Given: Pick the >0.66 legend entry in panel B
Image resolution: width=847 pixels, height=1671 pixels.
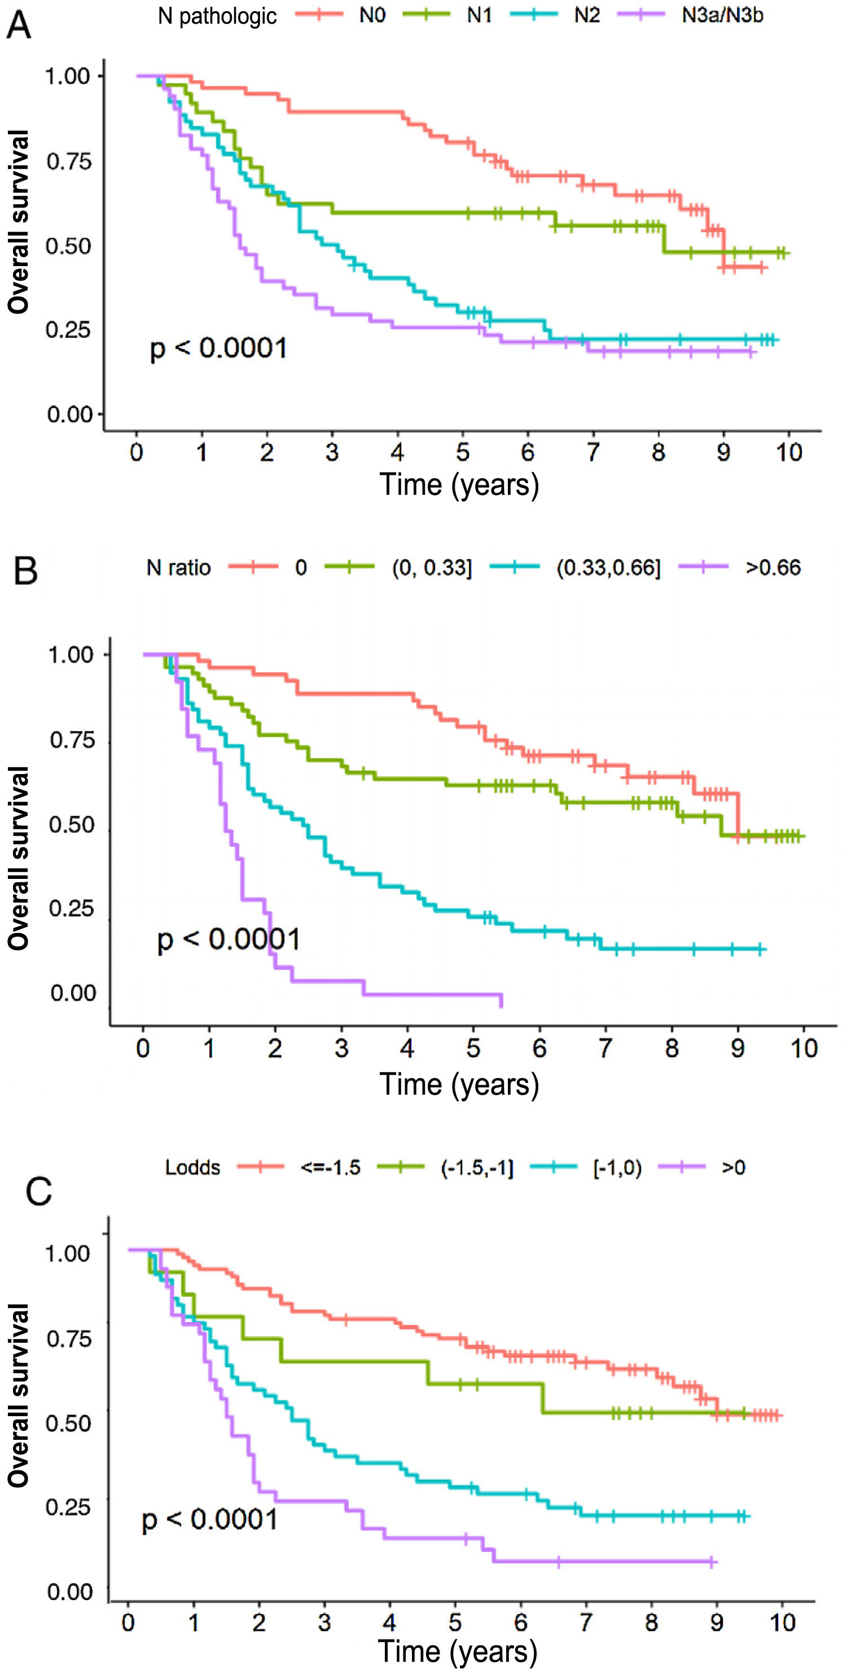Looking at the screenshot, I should [773, 568].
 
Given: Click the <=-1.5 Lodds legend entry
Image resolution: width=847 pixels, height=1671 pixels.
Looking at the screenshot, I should [330, 1168].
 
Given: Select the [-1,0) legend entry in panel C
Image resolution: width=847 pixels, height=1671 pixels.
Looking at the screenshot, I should [617, 1168].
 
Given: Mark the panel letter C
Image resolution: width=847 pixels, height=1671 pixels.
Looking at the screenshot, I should [38, 1192].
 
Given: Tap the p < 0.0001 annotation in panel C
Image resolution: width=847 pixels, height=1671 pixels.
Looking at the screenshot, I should [210, 1519].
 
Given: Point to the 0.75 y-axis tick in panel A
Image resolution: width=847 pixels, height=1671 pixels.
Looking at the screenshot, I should [68, 161].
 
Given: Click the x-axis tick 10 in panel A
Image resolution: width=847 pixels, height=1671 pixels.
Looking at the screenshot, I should [788, 452].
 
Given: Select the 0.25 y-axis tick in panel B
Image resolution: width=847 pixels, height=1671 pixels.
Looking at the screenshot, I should [72, 909].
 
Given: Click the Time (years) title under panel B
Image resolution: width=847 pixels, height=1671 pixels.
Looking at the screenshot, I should [459, 1084].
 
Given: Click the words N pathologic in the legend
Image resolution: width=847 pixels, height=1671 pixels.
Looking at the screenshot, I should [217, 16].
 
